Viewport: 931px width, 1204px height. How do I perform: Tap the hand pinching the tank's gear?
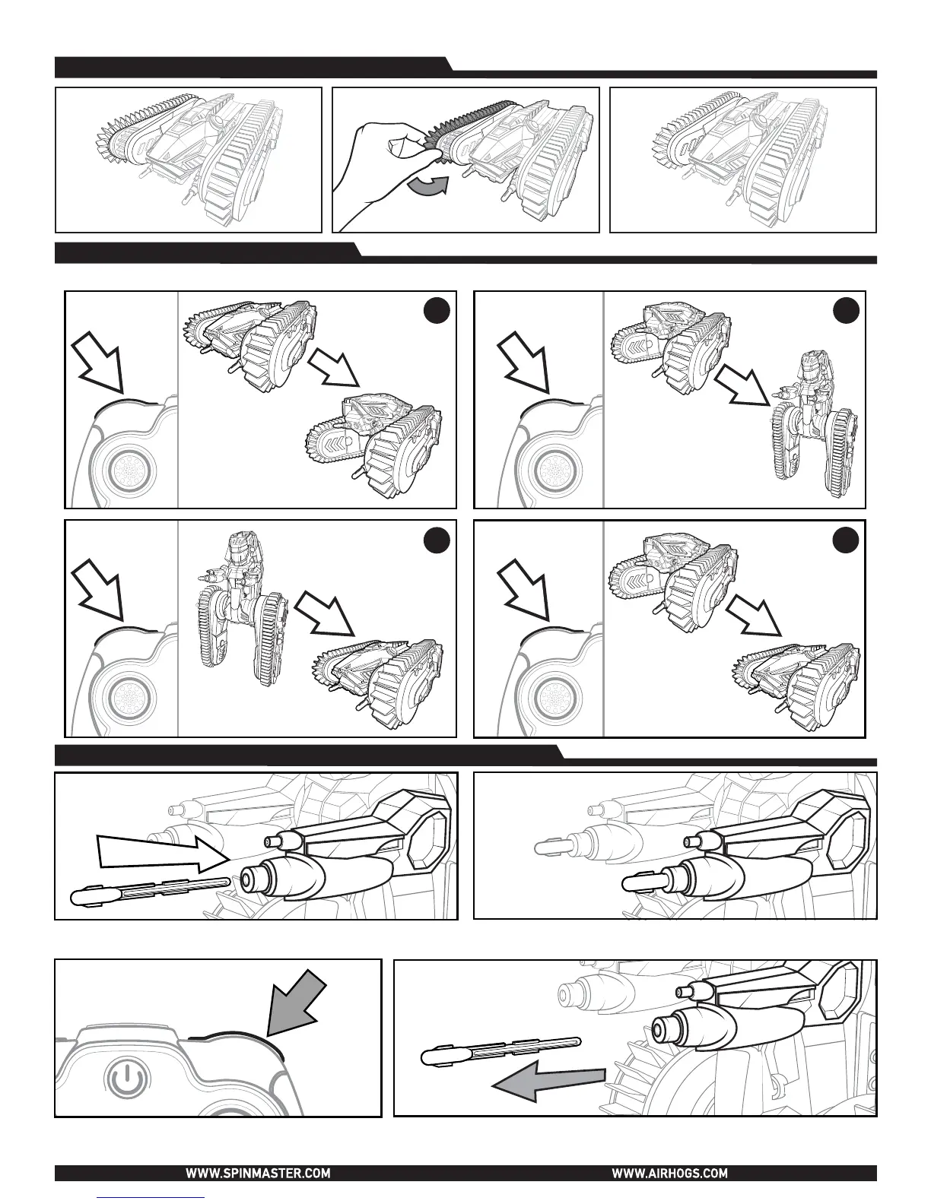[385, 166]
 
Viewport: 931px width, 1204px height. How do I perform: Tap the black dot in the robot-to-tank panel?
[437, 540]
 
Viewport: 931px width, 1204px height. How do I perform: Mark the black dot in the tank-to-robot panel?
[846, 311]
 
